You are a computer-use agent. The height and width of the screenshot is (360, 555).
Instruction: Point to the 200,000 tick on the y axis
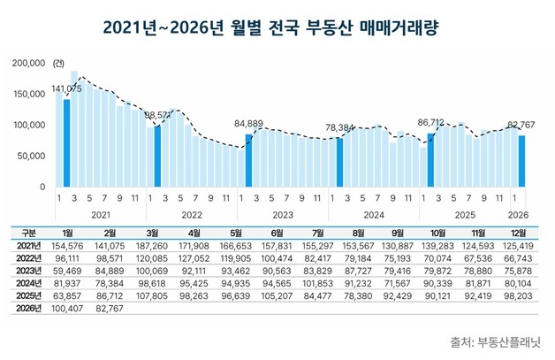pyautogui.click(x=30, y=64)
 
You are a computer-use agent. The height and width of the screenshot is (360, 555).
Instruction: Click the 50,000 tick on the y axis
pyautogui.click(x=33, y=156)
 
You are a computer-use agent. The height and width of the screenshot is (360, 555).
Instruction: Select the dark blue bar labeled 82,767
pyautogui.click(x=521, y=161)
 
